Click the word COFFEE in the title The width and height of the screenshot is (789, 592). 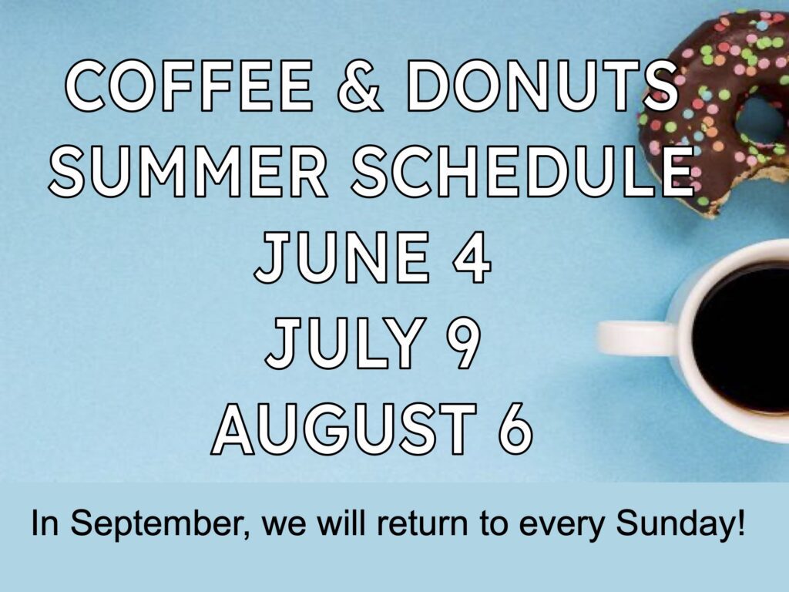tap(189, 86)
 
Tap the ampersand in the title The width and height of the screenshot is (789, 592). tap(359, 86)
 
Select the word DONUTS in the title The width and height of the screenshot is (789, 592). tap(542, 86)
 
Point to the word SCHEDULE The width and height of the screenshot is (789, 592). tap(523, 170)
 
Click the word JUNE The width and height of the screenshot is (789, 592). tap(341, 257)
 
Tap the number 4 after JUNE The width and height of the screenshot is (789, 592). tap(471, 257)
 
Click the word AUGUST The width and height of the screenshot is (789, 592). tap(344, 429)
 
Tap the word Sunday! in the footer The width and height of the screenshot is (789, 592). tap(680, 524)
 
